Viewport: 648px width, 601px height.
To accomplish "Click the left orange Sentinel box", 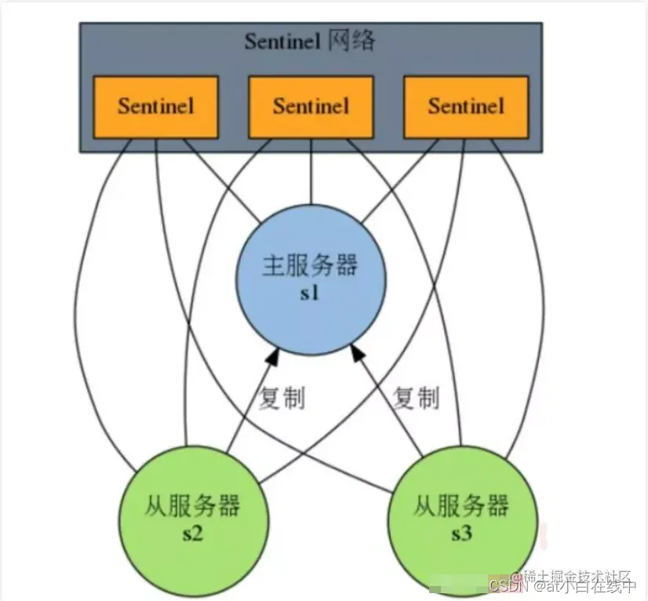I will (155, 106).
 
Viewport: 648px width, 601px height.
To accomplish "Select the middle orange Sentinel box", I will (311, 106).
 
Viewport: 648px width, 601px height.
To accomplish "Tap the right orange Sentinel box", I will (466, 106).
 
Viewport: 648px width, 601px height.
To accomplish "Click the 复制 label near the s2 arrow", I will (281, 399).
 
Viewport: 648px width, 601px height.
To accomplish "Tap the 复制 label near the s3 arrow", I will (415, 399).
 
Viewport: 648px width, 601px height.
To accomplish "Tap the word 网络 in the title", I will (351, 41).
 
